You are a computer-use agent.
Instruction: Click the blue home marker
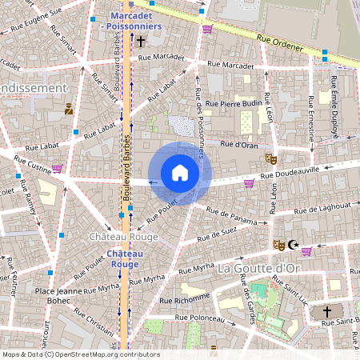pyautogui.click(x=180, y=173)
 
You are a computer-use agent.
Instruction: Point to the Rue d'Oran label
pyautogui.click(x=238, y=145)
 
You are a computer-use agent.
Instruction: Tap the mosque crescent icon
pyautogui.click(x=293, y=245)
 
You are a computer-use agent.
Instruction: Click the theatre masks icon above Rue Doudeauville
pyautogui.click(x=270, y=159)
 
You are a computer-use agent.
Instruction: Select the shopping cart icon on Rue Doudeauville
pyautogui.click(x=250, y=183)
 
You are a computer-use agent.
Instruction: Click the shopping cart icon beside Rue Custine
pyautogui.click(x=57, y=169)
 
